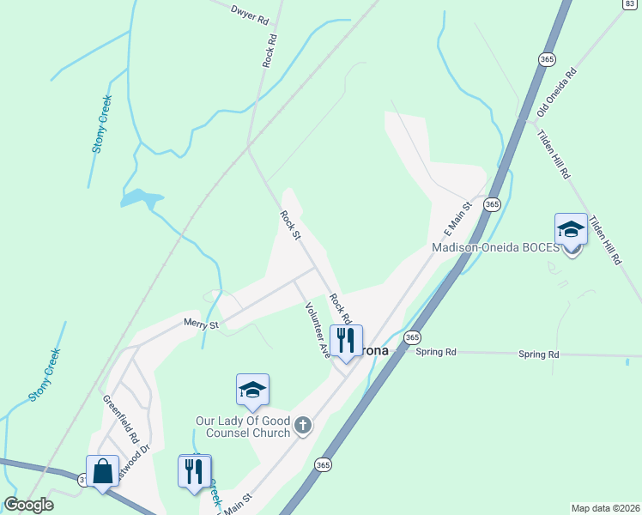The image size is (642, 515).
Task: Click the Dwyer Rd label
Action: (x=249, y=14)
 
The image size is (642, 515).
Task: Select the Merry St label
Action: (x=203, y=324)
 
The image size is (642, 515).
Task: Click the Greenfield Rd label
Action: (x=120, y=417)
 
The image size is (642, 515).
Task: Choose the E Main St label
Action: (x=458, y=221)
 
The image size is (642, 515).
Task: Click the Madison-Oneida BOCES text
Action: (x=494, y=248)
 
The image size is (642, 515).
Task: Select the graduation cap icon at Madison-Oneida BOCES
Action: (x=571, y=230)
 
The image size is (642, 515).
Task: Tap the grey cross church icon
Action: (x=302, y=424)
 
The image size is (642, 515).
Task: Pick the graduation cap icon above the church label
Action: (x=252, y=391)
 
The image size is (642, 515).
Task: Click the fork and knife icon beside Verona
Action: (x=346, y=340)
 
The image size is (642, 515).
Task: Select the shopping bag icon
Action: (x=102, y=471)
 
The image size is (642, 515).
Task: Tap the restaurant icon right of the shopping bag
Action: (x=195, y=471)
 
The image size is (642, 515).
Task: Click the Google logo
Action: (x=28, y=505)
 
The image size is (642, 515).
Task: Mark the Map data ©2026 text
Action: (x=605, y=508)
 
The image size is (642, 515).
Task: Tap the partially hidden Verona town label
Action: (x=376, y=351)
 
